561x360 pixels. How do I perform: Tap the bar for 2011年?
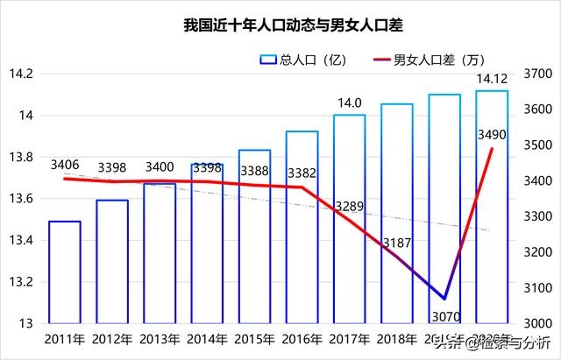[65, 272]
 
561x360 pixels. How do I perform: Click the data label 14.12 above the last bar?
[491, 81]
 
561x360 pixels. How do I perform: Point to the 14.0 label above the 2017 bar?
[350, 103]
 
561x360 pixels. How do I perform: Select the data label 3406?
[66, 164]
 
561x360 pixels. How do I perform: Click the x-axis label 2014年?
[208, 339]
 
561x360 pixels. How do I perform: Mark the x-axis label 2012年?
[112, 339]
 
